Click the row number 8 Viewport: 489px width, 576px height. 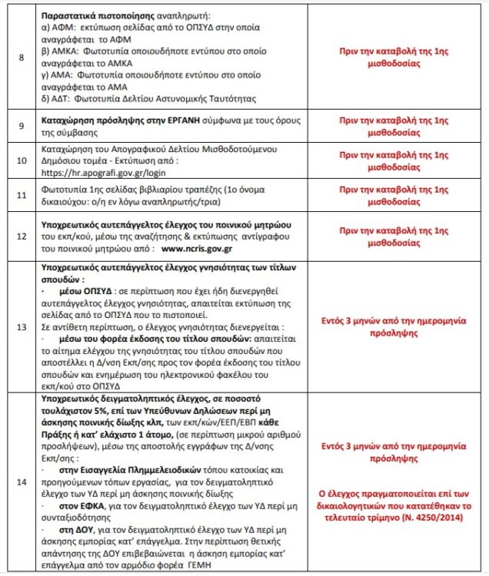tap(21, 58)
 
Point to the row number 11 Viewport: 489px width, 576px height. tap(21, 196)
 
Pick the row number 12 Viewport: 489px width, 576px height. tap(21, 233)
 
